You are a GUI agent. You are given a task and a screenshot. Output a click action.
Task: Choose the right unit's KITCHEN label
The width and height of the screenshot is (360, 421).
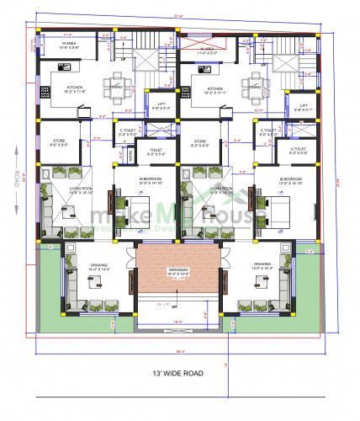pyautogui.click(x=214, y=88)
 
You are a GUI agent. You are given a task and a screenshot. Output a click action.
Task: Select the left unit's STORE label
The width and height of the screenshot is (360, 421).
pyautogui.click(x=58, y=142)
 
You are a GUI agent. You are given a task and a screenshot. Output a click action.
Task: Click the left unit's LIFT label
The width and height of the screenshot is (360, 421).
pyautogui.click(x=156, y=106)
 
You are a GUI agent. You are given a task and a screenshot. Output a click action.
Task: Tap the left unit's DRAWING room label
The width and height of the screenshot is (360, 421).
pyautogui.click(x=99, y=266)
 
